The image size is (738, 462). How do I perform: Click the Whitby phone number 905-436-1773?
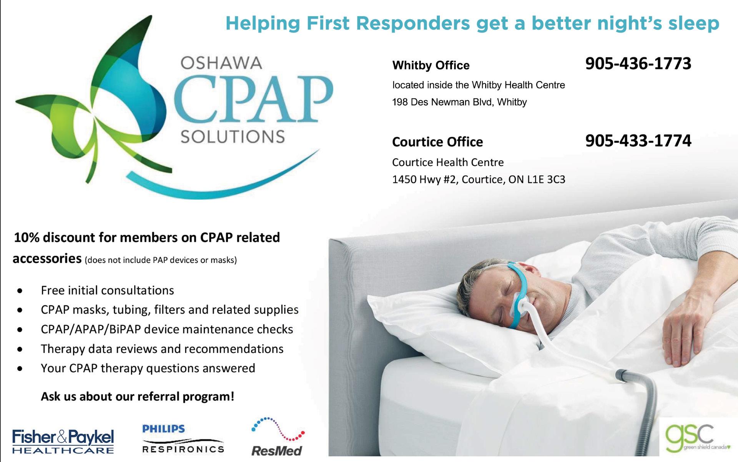click(x=638, y=63)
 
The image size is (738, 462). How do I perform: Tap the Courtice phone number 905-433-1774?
click(x=638, y=141)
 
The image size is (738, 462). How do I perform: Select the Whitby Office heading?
click(x=431, y=66)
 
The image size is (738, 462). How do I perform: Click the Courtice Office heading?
click(x=437, y=142)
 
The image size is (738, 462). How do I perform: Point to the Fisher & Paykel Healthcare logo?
click(x=63, y=441)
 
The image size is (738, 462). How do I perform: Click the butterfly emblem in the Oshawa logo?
click(x=92, y=104)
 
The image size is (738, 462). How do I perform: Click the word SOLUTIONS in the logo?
click(x=233, y=137)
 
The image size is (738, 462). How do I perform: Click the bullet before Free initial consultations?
click(x=20, y=291)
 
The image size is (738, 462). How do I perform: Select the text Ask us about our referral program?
click(x=138, y=397)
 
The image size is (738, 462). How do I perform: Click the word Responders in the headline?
click(x=413, y=24)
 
